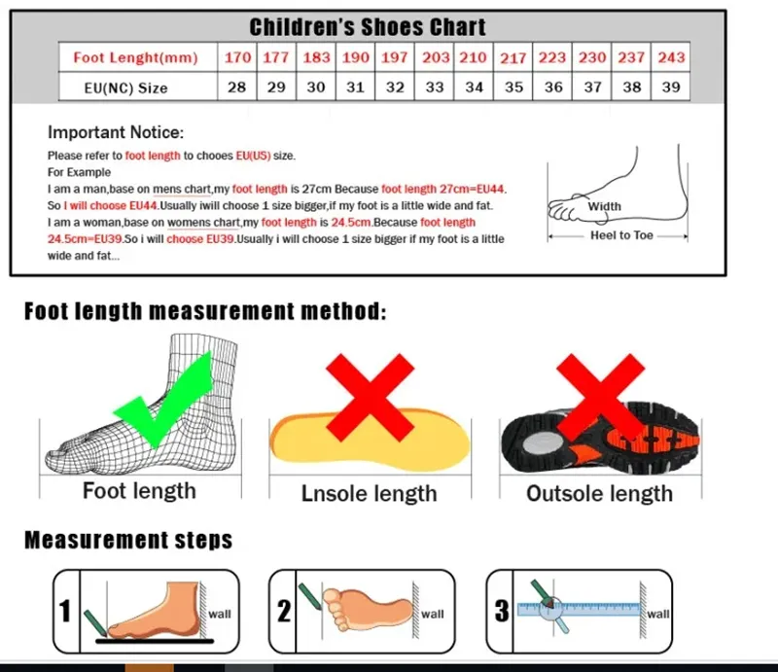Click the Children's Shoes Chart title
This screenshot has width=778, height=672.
[368, 27]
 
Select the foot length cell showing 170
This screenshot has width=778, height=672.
[237, 57]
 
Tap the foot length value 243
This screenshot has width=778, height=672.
[671, 57]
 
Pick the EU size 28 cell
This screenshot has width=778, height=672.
[237, 88]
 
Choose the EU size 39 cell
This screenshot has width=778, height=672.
[671, 88]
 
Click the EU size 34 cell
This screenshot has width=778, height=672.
[474, 88]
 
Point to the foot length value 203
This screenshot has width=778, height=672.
[435, 57]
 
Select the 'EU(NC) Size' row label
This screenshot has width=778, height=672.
[125, 88]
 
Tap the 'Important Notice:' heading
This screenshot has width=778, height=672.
[116, 133]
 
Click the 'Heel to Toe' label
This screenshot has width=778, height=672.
[622, 235]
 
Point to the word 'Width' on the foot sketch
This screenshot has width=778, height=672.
[604, 206]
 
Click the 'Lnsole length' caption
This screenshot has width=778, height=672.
[370, 494]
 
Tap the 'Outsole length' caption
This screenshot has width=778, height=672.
[599, 494]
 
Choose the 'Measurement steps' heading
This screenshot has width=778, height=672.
[128, 540]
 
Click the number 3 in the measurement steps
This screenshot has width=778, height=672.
[502, 611]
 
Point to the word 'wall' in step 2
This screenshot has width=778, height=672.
[432, 614]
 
